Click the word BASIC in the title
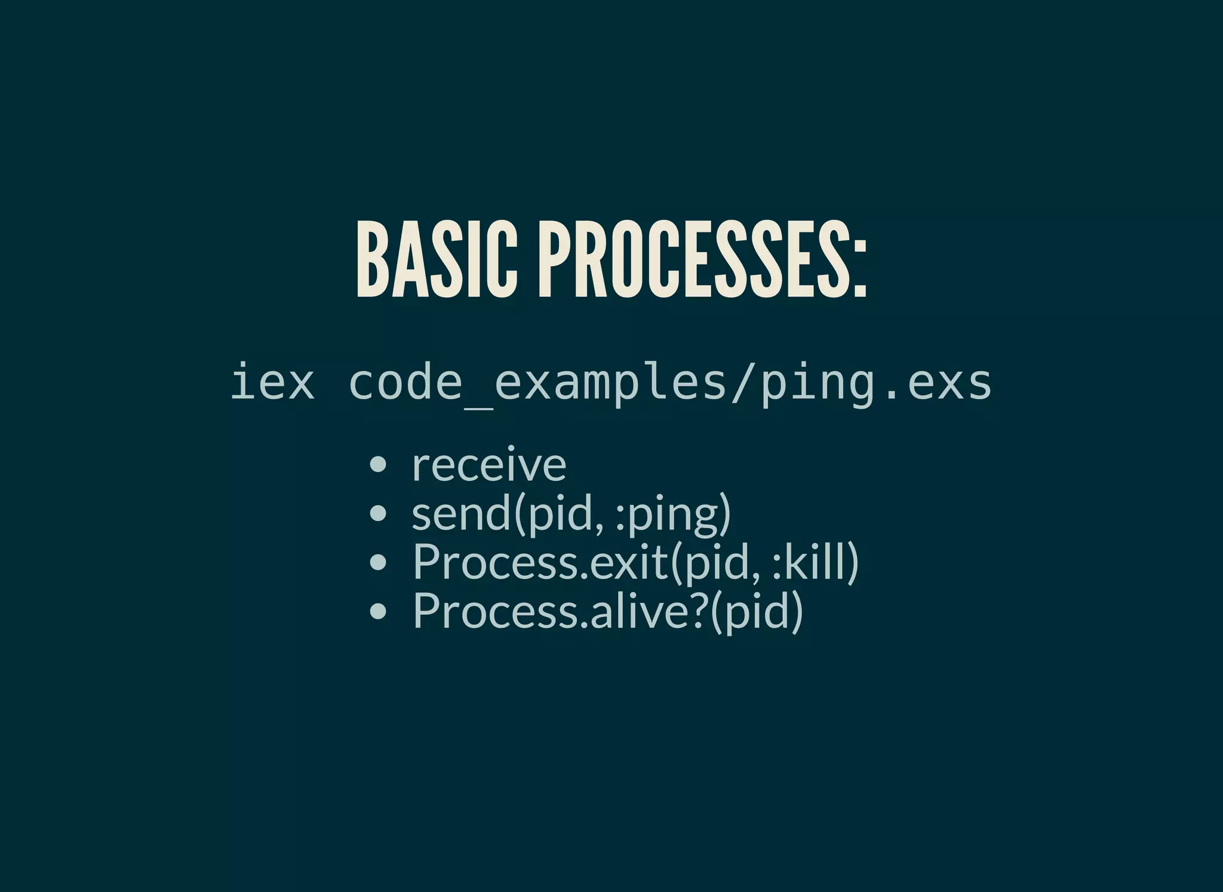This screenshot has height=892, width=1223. (x=437, y=259)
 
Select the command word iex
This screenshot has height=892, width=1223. (x=272, y=382)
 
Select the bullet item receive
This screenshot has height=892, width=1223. (x=489, y=465)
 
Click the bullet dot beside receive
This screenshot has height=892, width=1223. (x=377, y=464)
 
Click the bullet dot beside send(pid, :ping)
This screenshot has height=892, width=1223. (x=377, y=513)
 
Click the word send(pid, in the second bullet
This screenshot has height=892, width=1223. (x=508, y=513)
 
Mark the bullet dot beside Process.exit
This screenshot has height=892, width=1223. (x=377, y=562)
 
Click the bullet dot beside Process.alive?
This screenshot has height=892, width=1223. (x=377, y=611)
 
